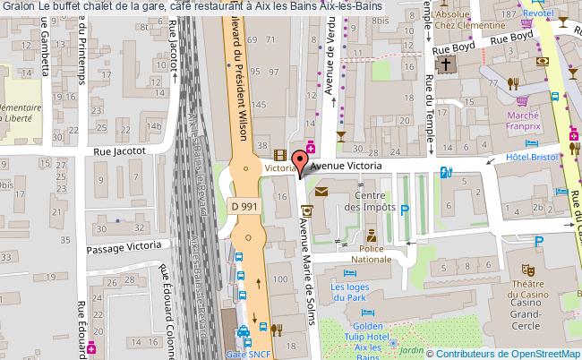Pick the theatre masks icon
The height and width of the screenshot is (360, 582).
tap(527, 267)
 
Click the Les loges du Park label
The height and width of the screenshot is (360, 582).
tap(349, 292)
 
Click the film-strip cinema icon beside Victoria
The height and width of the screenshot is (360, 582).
tap(280, 154)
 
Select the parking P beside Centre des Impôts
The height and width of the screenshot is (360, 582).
tap(405, 211)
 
